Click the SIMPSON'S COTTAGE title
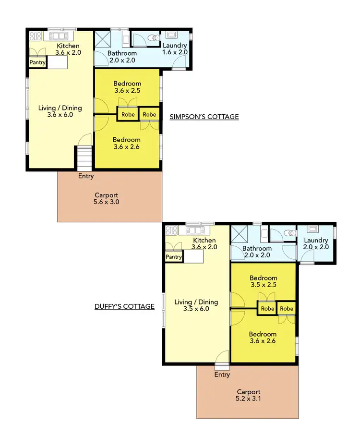pos(204,117)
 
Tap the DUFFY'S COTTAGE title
pos(124,306)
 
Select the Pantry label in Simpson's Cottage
pos(37,62)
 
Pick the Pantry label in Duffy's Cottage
pos(174,257)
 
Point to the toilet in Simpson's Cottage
pos(153,37)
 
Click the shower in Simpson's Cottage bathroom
pos(102,38)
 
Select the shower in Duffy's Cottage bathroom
pos(239,234)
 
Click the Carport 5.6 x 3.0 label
pos(107,199)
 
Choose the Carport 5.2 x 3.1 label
pos(249,395)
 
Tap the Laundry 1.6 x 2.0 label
pos(175,49)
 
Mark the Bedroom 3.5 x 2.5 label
pos(263,281)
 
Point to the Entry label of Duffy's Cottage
pos(222,375)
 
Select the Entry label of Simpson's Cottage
pos(86,176)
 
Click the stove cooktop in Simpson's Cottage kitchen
pos(36,36)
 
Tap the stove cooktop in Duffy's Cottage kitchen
pos(171,230)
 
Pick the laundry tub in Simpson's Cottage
pos(171,35)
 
